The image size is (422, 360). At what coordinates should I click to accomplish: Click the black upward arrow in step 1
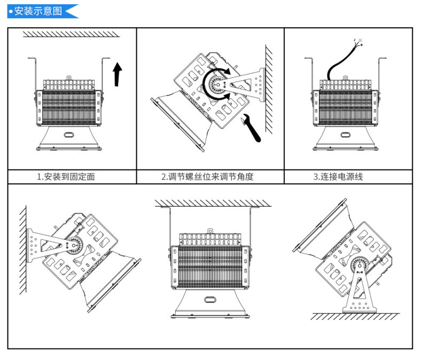point(118,73)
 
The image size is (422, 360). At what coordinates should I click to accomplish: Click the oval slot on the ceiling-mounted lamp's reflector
point(210,300)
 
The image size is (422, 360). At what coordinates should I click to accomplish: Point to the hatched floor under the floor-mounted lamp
point(355,317)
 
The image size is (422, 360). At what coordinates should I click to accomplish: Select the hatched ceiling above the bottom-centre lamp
point(213,204)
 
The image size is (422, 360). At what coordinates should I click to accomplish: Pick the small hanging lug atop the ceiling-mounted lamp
point(210,231)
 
